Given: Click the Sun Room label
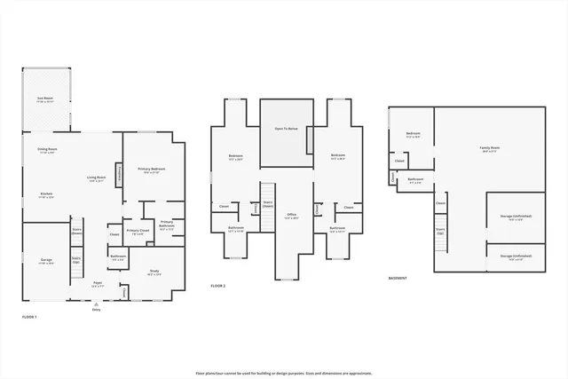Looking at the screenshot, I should (44, 100).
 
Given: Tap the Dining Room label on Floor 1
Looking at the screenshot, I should (47, 150).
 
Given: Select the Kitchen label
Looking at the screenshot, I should (45, 195).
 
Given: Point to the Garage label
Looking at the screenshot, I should (45, 261).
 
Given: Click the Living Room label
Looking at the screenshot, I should (97, 179).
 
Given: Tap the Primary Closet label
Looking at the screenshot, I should (138, 232).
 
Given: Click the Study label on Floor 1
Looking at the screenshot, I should (154, 272).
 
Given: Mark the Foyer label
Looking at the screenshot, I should (98, 284).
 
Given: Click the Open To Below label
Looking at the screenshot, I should (286, 130).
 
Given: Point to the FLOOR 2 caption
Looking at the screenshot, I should (218, 286).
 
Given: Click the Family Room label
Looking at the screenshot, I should (489, 149).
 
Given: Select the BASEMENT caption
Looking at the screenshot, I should (398, 278).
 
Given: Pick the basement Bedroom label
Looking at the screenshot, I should (413, 136).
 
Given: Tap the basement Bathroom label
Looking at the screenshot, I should (415, 180).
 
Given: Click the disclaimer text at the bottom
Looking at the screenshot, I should (283, 373).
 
